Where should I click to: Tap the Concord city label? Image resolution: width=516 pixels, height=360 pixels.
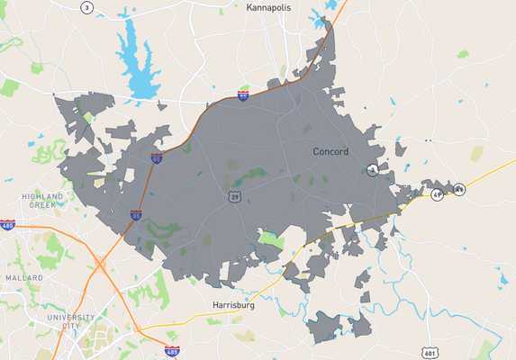(330, 152)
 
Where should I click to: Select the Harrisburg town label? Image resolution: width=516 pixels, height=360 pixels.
(233, 305)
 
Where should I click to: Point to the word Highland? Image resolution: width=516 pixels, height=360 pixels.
(43, 195)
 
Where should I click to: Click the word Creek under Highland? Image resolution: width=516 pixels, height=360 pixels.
(43, 204)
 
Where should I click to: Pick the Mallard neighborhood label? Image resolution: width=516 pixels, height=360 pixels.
(23, 278)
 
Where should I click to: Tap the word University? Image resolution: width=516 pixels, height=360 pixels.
(71, 318)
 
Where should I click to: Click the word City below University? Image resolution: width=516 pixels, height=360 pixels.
(71, 327)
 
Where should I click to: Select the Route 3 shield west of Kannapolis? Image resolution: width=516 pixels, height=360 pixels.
(86, 7)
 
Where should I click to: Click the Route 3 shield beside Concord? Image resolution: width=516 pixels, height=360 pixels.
(372, 170)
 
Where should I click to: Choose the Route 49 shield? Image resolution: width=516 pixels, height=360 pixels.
(437, 194)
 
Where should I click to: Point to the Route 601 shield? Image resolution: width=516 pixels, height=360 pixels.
(430, 352)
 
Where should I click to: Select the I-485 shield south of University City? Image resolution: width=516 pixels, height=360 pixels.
(172, 349)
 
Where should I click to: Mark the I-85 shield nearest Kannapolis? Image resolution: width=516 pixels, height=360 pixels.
(243, 94)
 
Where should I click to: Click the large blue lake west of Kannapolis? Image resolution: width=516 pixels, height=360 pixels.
(138, 63)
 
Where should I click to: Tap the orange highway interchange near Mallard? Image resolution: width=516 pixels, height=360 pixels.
(101, 264)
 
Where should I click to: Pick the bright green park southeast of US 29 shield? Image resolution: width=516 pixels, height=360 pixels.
(271, 239)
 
